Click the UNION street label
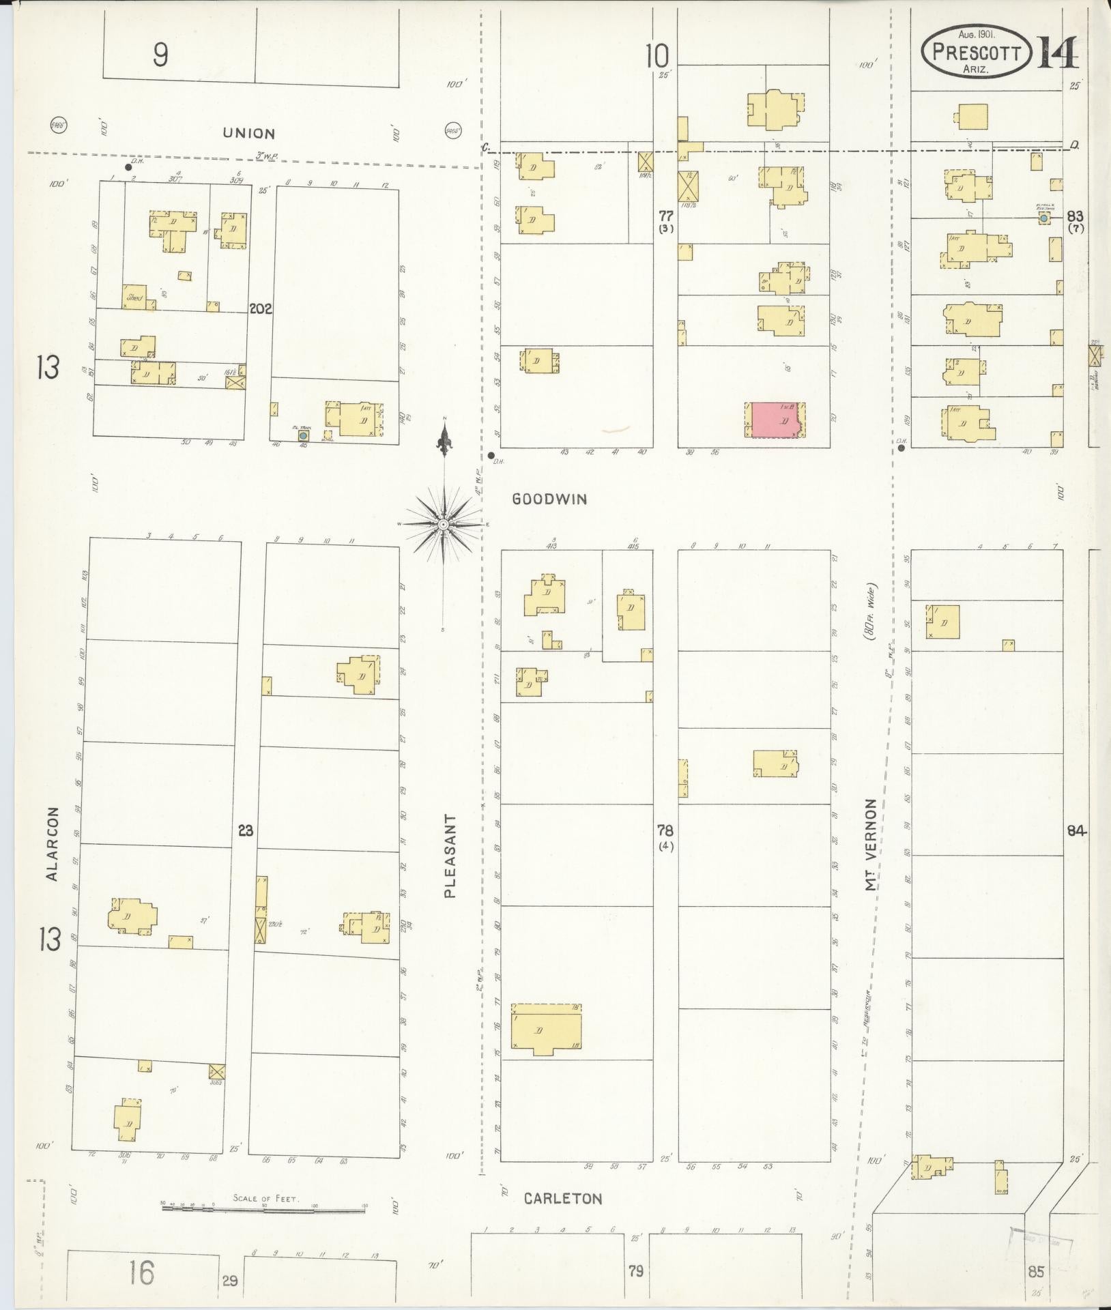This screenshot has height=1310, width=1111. tap(248, 134)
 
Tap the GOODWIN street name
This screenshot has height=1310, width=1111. tap(549, 499)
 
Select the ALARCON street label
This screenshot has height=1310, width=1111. tap(54, 844)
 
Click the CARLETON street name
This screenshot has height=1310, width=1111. tap(563, 1199)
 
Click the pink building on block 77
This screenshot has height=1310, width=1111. tap(776, 420)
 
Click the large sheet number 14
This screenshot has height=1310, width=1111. tap(1058, 53)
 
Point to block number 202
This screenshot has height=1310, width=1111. tap(260, 308)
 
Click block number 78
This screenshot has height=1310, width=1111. tap(665, 830)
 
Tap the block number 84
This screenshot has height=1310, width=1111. tap(1076, 830)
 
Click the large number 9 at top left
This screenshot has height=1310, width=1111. tap(160, 55)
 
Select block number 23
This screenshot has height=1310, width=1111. tap(246, 830)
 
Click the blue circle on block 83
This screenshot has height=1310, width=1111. tap(1043, 218)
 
